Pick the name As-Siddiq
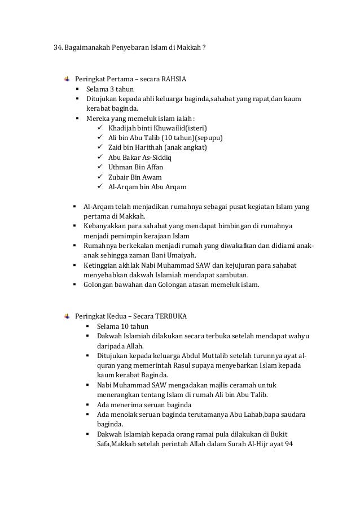155,158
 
